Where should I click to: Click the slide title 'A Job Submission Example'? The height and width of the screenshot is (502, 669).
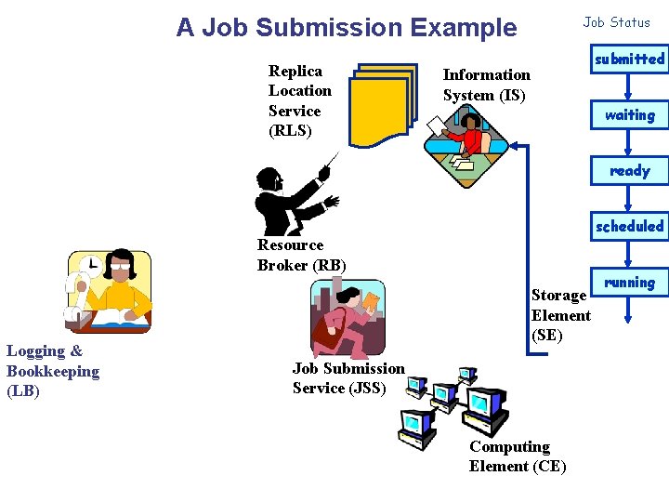(x=346, y=28)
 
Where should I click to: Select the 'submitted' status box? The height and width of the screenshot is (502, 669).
(x=629, y=59)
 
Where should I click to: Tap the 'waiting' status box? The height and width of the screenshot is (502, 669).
(x=629, y=115)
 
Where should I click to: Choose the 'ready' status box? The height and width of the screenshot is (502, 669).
(x=629, y=171)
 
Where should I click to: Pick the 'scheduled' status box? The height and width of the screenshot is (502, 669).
(x=629, y=227)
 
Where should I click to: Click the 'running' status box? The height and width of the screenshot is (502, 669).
(x=629, y=283)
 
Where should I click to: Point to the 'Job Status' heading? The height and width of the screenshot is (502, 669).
(x=616, y=22)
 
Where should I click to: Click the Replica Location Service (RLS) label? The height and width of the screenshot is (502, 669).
(x=299, y=100)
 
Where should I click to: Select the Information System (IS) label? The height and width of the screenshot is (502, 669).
(x=486, y=85)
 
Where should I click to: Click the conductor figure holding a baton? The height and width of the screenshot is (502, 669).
(x=289, y=198)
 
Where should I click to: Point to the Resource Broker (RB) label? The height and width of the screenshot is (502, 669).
(x=301, y=255)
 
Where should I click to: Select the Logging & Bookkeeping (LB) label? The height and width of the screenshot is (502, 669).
(x=52, y=371)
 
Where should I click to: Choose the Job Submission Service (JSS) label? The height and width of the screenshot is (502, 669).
(x=348, y=378)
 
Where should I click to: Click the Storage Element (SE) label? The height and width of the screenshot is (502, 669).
(x=560, y=315)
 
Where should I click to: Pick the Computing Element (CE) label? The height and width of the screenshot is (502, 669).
(x=517, y=456)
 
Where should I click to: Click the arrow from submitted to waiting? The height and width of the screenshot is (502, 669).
(x=629, y=87)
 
